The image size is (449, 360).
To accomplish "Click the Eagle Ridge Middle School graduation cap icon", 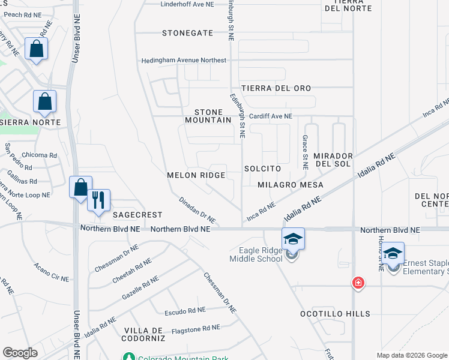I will (292, 239).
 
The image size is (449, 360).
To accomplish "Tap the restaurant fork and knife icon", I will (98, 199).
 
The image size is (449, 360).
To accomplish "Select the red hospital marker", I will (358, 283).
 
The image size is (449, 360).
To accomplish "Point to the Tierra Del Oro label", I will (276, 88).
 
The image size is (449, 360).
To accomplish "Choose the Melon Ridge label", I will (196, 175).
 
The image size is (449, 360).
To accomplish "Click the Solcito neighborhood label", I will (263, 169).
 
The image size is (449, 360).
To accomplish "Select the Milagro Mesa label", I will (291, 185).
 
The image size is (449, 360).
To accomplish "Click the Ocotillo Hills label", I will (336, 314).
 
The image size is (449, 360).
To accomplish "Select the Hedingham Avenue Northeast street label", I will (184, 61).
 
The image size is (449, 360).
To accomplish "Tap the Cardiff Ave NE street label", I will (271, 116).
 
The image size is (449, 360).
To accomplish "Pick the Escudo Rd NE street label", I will (185, 313).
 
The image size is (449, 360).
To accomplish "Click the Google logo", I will (20, 353).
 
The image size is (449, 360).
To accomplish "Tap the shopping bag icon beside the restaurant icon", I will (79, 187).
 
